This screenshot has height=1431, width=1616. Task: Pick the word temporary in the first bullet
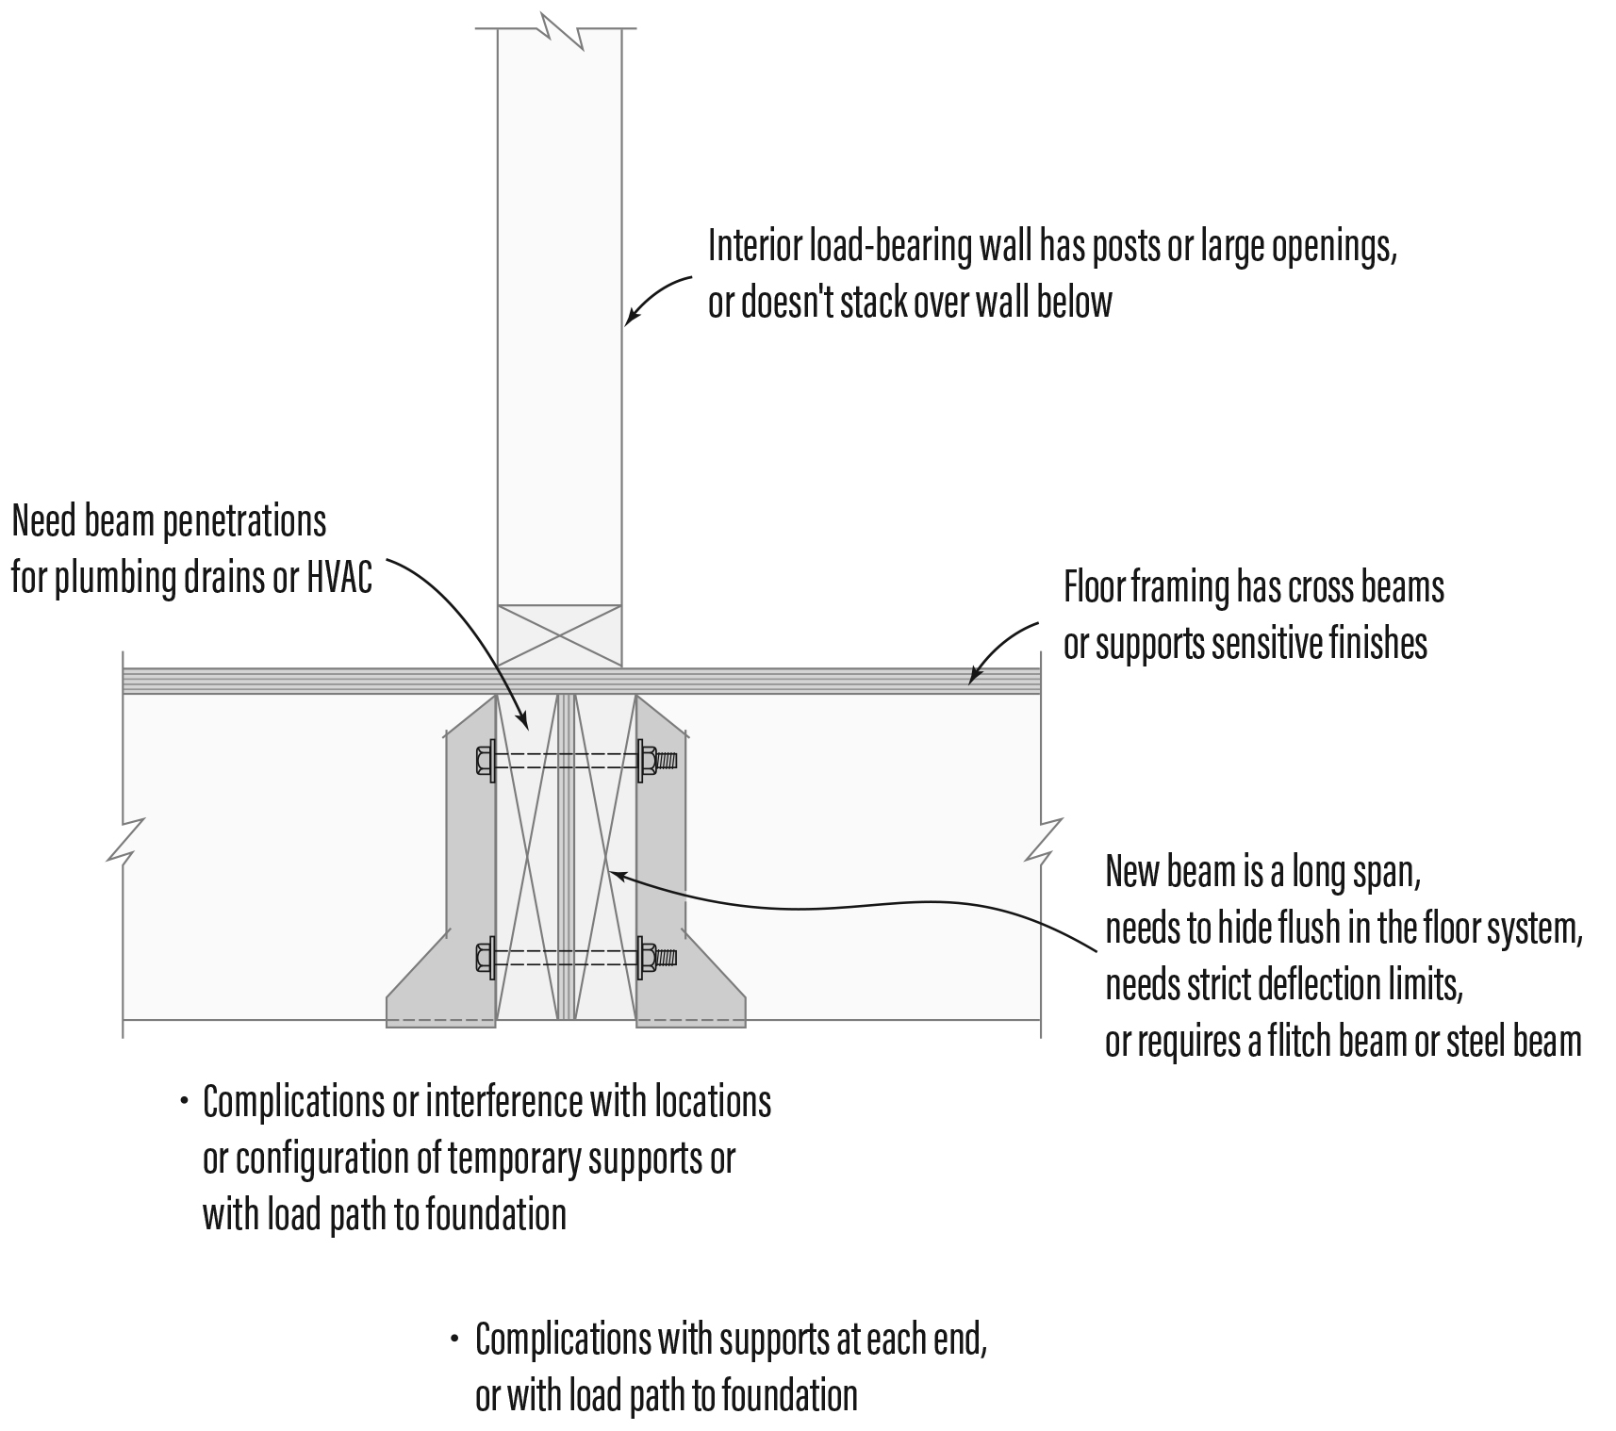click(509, 1158)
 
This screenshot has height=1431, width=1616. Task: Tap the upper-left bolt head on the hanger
click(484, 760)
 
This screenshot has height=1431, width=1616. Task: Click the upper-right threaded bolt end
click(665, 759)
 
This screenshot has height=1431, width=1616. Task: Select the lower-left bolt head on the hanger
click(484, 957)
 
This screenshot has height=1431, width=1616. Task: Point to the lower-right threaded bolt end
click(665, 957)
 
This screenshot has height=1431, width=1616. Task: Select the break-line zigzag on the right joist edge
click(1042, 841)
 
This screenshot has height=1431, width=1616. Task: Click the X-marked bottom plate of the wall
click(559, 635)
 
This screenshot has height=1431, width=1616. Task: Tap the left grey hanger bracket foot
click(440, 1004)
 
